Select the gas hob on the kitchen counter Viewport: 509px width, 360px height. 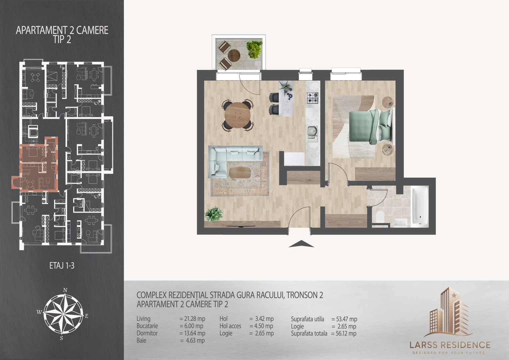313,97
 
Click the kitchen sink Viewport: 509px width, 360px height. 312,132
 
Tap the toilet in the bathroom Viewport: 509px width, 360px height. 379,218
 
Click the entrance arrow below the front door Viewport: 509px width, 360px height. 301,244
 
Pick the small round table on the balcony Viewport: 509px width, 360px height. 235,55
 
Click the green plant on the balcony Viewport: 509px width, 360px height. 254,49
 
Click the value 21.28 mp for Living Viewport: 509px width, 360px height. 192,319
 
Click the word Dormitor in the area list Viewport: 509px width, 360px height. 147,333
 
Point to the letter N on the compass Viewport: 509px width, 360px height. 66,290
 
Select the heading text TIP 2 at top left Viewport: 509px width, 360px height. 62,39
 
